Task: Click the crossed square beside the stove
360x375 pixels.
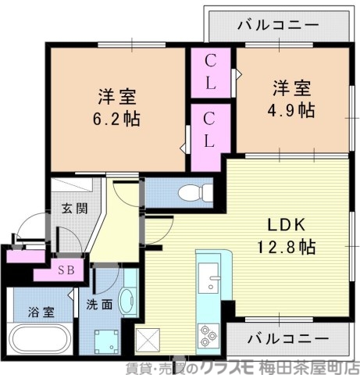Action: point(148,339)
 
